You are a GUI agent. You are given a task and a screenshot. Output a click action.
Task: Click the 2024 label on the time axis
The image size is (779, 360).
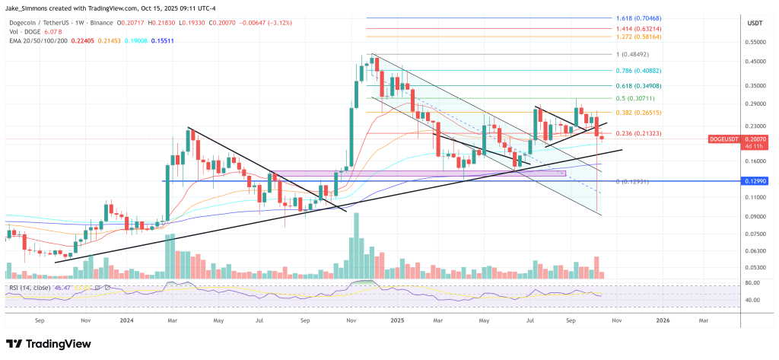tap(126, 322)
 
